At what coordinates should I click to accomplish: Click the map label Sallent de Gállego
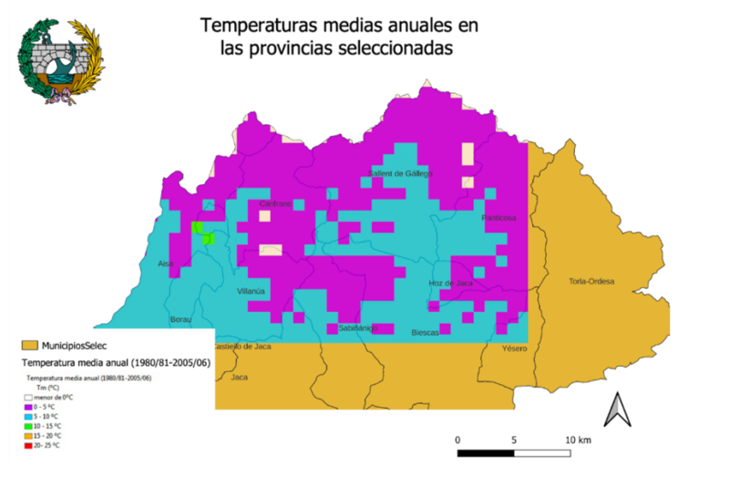pyautogui.click(x=400, y=173)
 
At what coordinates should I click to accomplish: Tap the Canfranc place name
pyautogui.click(x=276, y=204)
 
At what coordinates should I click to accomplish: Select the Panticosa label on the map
pyautogui.click(x=499, y=218)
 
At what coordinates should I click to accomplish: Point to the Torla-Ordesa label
pyautogui.click(x=591, y=281)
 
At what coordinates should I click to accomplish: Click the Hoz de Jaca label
pyautogui.click(x=450, y=284)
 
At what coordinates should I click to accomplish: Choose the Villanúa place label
pyautogui.click(x=252, y=292)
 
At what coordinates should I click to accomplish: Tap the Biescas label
pyautogui.click(x=426, y=333)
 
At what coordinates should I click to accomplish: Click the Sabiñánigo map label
pyautogui.click(x=357, y=327)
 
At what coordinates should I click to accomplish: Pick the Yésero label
pyautogui.click(x=515, y=349)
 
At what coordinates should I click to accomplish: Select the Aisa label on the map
pyautogui.click(x=166, y=264)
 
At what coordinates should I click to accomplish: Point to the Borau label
pyautogui.click(x=181, y=320)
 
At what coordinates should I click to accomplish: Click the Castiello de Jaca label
pyautogui.click(x=242, y=347)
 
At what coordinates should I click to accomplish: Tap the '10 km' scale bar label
pyautogui.click(x=579, y=440)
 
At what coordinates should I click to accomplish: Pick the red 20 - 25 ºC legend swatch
pyautogui.click(x=28, y=445)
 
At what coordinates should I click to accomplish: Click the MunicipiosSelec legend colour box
pyautogui.click(x=30, y=346)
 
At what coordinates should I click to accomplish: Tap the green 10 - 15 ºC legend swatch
pyautogui.click(x=28, y=425)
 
